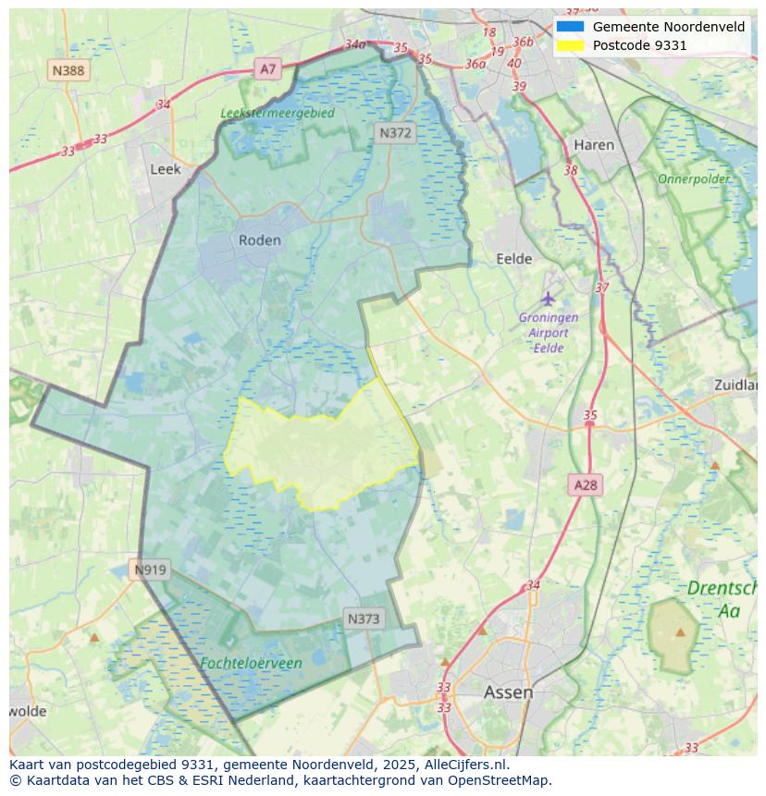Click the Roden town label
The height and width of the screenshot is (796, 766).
tap(259, 240)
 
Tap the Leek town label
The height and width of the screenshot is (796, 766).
tap(166, 169)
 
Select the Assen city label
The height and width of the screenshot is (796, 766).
tap(508, 692)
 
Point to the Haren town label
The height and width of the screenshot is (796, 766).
tap(593, 145)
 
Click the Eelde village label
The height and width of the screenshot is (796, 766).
tap(514, 259)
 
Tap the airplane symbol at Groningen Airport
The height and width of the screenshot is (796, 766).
tap(548, 299)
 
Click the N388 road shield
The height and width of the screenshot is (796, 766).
tap(68, 70)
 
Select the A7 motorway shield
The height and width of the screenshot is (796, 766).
tap(267, 68)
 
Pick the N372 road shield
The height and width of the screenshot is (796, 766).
tap(395, 133)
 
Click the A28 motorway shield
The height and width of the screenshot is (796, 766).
tap(586, 484)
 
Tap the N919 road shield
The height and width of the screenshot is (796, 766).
tap(150, 569)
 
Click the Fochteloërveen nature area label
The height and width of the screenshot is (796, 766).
tap(251, 663)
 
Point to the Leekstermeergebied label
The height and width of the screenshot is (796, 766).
tap(278, 113)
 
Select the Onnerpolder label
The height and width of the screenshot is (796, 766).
tap(694, 178)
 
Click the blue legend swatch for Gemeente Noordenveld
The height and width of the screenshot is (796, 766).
tap(570, 27)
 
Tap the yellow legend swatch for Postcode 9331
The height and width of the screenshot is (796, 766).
tap(570, 45)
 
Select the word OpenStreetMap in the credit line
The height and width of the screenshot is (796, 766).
tap(499, 780)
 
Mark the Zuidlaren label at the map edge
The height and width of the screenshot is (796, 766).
tap(735, 385)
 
